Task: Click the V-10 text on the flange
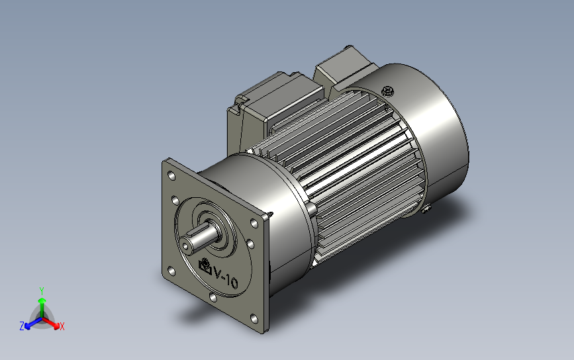(x=226, y=278)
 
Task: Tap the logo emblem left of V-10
(x=205, y=266)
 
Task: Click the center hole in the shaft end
(x=186, y=246)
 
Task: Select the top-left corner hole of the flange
(x=171, y=175)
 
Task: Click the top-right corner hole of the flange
(x=254, y=223)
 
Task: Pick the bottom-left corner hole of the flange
(x=171, y=271)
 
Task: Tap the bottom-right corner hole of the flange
(x=254, y=319)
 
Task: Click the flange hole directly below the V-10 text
(x=213, y=297)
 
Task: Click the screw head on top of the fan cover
(x=387, y=91)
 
